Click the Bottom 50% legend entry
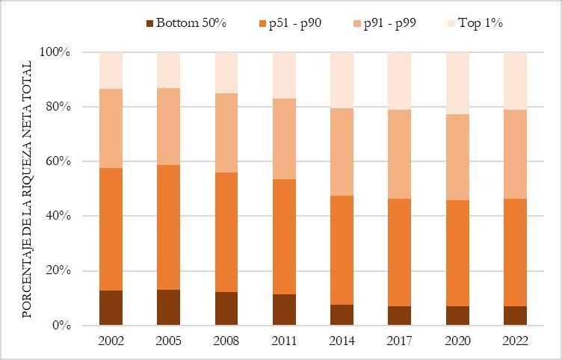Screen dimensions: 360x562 click(x=187, y=22)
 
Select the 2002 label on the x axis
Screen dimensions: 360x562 click(x=111, y=340)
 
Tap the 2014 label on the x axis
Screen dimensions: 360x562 click(x=342, y=340)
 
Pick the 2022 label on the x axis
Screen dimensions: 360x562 click(x=516, y=340)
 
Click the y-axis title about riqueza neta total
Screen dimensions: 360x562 click(x=27, y=189)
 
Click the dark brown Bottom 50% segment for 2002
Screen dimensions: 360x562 click(x=111, y=308)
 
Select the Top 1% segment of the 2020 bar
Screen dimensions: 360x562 click(x=458, y=83)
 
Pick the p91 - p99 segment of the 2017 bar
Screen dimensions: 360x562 click(x=400, y=154)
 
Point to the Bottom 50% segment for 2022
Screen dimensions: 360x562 click(x=516, y=316)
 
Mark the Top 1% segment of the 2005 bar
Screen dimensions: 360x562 click(x=168, y=70)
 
